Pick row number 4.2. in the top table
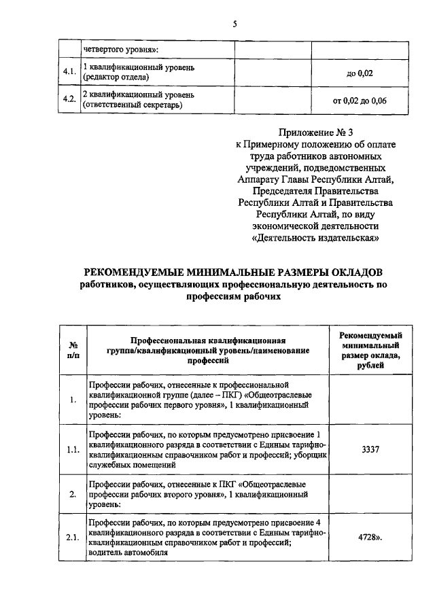69,100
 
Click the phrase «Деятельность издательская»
315,238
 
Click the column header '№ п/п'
73,349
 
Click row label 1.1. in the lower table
72,449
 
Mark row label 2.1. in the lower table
72,538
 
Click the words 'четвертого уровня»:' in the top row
120,49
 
